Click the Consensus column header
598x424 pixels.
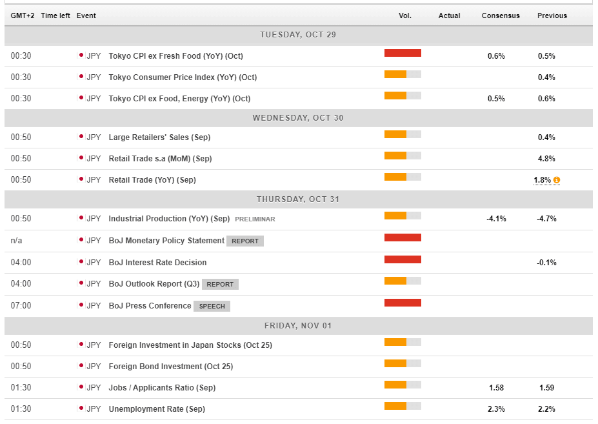(500, 15)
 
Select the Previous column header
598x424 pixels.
(552, 15)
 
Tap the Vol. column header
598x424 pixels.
(404, 15)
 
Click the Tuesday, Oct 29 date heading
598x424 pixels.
(298, 35)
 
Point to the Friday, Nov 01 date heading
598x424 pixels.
(298, 326)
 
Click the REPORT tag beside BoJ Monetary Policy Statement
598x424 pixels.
(245, 241)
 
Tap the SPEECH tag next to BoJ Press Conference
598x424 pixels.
(212, 306)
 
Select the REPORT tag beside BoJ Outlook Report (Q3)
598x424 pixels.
(220, 284)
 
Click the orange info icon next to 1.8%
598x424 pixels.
(557, 180)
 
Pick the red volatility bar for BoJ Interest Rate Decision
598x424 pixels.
(403, 259)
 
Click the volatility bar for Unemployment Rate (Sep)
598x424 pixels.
(403, 406)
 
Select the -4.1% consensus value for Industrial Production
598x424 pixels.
(496, 219)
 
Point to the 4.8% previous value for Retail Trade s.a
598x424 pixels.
(546, 159)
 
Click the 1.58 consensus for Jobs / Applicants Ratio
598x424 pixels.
(496, 388)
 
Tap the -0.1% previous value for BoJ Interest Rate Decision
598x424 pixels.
(546, 263)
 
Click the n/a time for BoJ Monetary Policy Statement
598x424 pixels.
(16, 241)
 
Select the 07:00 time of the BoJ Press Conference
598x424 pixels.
(21, 305)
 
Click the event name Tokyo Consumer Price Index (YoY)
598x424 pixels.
(183, 77)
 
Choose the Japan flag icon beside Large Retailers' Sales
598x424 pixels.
(81, 137)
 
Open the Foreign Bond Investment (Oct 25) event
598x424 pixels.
(171, 367)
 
